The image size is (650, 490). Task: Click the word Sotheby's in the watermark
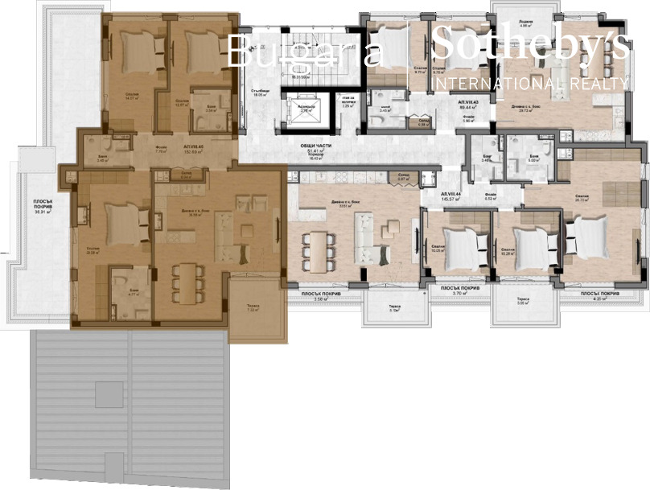tap(529, 44)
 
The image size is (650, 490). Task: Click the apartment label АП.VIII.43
tap(468, 105)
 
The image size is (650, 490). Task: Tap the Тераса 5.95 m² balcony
tap(522, 310)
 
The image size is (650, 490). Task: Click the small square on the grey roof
tap(109, 394)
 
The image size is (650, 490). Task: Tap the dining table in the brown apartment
tap(187, 282)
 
